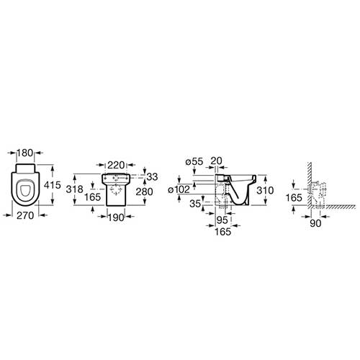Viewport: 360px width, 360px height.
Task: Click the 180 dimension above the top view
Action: pos(25,153)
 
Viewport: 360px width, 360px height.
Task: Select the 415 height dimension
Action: pos(53,185)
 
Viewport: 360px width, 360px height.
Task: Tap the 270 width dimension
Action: pos(25,215)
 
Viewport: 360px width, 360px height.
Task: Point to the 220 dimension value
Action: pos(116,165)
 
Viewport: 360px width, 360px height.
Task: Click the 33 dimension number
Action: pos(152,177)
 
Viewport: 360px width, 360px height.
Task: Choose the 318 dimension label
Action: pos(75,189)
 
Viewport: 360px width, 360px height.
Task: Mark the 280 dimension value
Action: pos(144,192)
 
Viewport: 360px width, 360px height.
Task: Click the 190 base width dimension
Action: pos(116,217)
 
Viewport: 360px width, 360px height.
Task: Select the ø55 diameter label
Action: pos(194,161)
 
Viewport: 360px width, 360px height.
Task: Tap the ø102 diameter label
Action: pos(179,189)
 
